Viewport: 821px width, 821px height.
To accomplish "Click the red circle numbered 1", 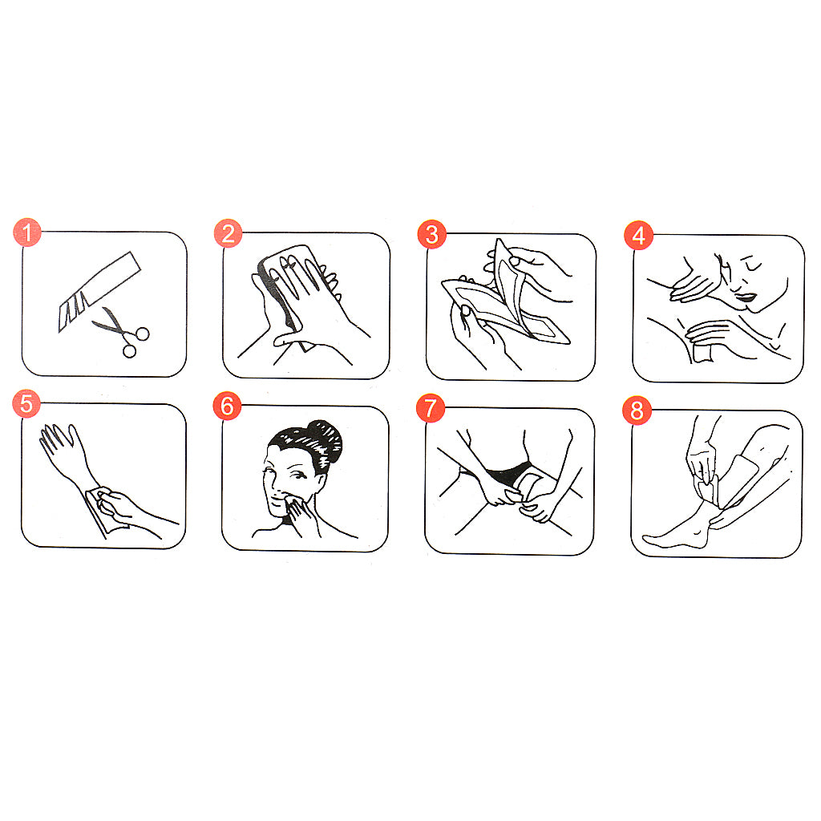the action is point(27,232).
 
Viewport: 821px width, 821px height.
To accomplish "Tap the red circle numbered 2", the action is point(229,233).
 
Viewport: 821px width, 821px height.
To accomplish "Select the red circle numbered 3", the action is point(432,235).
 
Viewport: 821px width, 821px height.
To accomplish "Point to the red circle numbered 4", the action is point(639,236).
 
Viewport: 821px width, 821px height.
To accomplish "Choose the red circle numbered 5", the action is point(26,404).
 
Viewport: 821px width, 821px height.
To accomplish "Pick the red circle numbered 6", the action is point(227,406).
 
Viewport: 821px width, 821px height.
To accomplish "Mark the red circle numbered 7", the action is point(431,408).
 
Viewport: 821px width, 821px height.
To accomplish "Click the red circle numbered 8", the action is point(637,410).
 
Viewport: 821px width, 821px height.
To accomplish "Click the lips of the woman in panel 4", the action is point(744,299).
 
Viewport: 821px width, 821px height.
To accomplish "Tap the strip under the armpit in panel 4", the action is point(702,352).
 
